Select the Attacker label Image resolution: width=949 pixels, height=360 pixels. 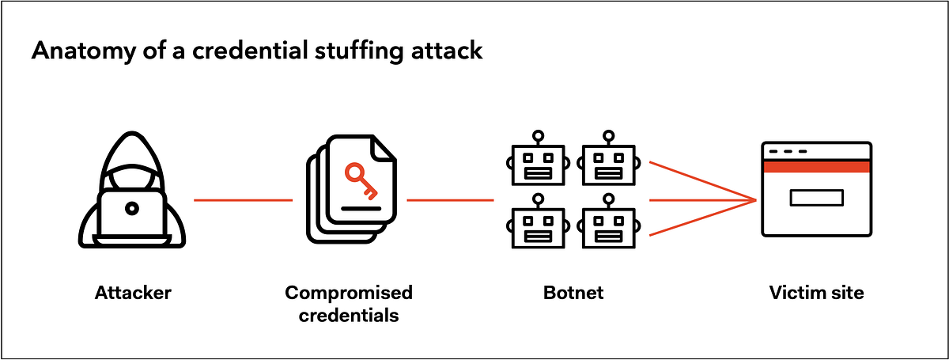point(133,293)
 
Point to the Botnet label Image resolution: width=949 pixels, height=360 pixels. point(573,293)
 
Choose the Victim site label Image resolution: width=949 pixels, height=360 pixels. point(816,293)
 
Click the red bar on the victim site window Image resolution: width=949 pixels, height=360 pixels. point(815,165)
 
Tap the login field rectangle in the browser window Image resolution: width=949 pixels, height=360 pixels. point(816,197)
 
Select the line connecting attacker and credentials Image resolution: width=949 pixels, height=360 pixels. point(243,200)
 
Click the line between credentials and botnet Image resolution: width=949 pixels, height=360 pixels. point(450,200)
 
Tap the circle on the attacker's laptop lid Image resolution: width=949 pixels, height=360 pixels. point(132,208)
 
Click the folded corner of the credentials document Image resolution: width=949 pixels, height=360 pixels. point(384,147)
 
